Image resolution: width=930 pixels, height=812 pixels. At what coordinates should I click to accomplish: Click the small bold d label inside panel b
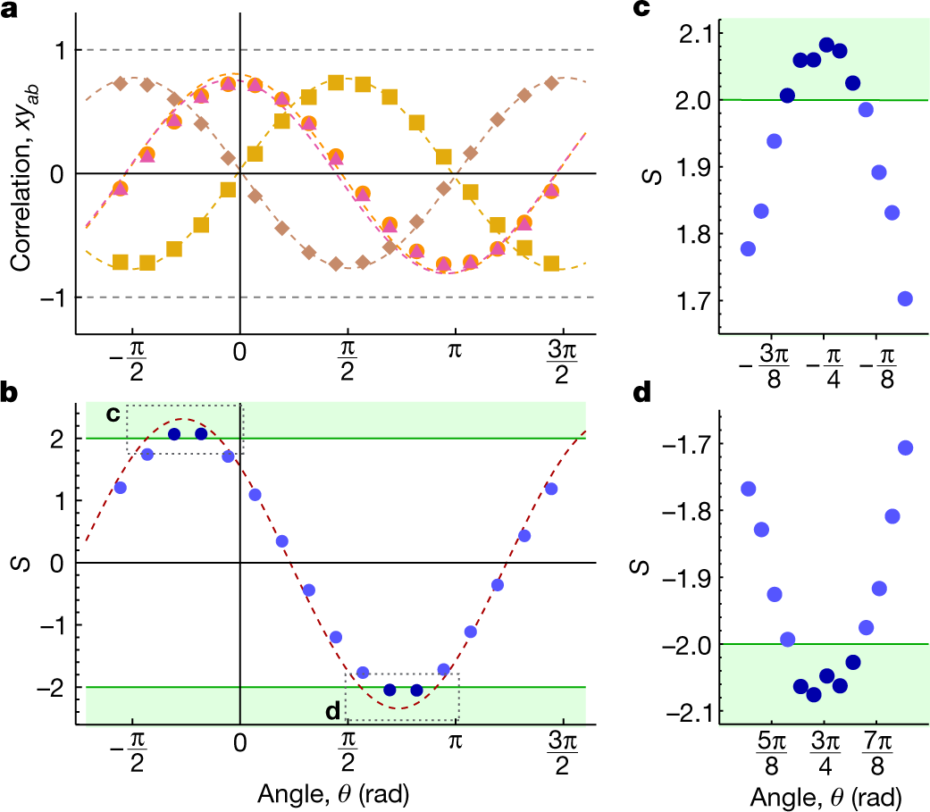[x=331, y=711]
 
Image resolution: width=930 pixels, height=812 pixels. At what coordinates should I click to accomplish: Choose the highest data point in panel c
[x=826, y=45]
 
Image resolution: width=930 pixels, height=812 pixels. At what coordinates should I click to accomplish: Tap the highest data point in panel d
[x=905, y=448]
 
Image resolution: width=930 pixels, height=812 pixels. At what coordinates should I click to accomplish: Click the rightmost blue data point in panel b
[x=551, y=489]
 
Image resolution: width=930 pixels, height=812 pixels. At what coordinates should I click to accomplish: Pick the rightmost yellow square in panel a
[x=551, y=263]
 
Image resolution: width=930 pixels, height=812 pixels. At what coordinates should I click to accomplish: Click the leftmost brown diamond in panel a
[x=121, y=83]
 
